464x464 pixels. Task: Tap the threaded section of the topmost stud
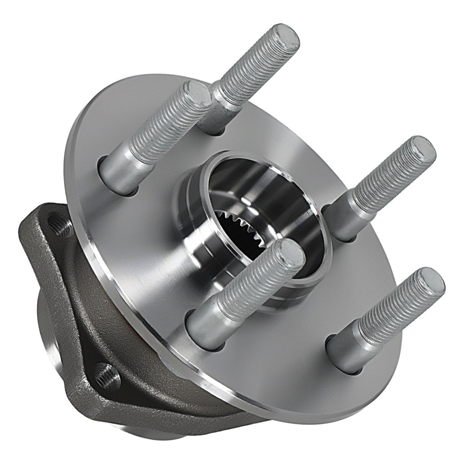coord(253,70)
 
